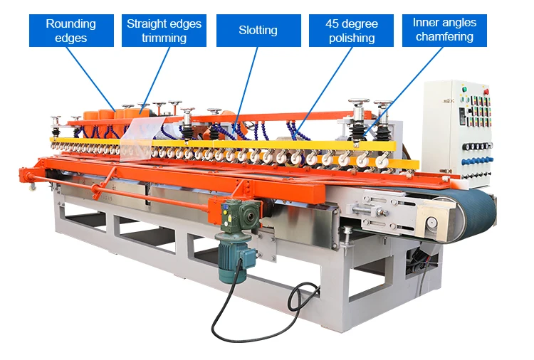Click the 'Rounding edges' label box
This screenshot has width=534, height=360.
(x=71, y=31)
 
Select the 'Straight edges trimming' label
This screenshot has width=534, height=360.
(x=164, y=31)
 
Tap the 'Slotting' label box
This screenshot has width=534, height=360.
(x=257, y=31)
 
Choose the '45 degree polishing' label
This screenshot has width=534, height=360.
(x=351, y=31)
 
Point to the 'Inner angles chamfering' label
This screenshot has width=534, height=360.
(x=444, y=30)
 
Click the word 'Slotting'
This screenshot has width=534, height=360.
(x=257, y=31)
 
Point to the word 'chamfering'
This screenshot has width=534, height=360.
(x=444, y=37)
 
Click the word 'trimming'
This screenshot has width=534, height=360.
(x=164, y=38)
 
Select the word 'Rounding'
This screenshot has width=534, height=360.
(x=71, y=23)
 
